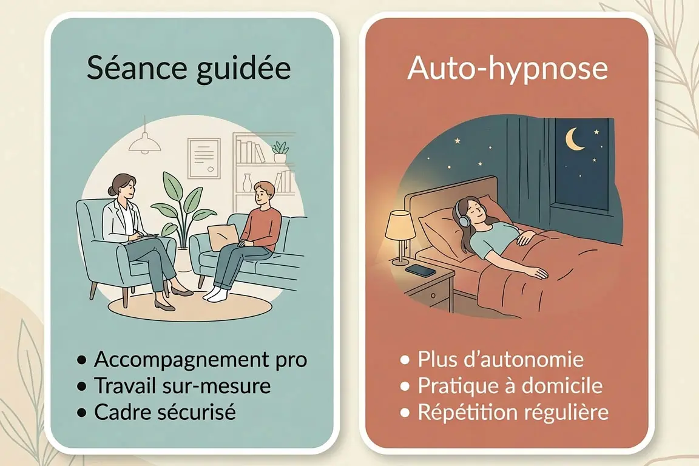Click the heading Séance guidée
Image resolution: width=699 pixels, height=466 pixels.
(x=189, y=69)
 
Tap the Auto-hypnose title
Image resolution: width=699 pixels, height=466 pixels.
(x=507, y=69)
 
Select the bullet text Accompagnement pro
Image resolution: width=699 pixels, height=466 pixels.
(x=200, y=359)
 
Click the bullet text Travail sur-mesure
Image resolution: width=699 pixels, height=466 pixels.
(x=182, y=386)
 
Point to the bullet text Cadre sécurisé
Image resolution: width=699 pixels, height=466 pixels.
(x=164, y=412)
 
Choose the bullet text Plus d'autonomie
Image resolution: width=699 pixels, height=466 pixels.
(x=501, y=359)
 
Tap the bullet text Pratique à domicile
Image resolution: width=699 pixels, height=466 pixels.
(x=510, y=386)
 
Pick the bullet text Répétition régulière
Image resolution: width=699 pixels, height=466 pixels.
(x=513, y=412)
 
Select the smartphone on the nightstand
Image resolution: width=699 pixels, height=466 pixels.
(x=420, y=270)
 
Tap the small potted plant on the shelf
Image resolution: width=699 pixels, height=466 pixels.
(x=280, y=150)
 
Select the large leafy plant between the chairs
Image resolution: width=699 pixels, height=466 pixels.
(x=180, y=203)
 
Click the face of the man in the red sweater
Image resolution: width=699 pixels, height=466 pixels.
(x=263, y=195)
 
